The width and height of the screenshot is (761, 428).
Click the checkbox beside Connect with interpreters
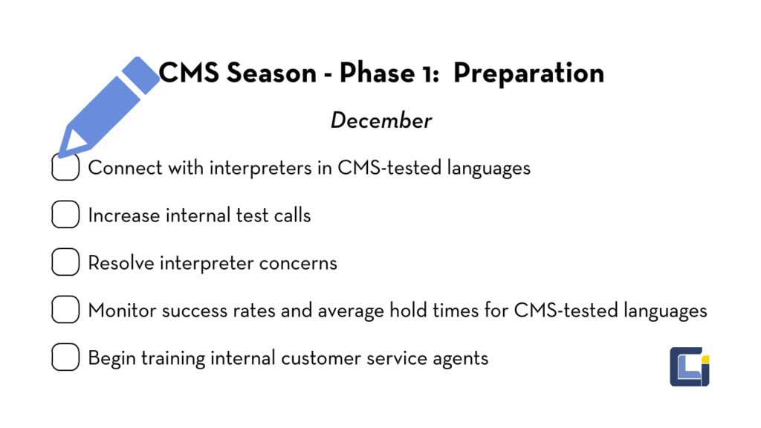click(65, 168)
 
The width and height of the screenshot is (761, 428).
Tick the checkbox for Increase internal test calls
click(65, 215)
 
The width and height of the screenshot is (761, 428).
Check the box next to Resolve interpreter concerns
click(65, 263)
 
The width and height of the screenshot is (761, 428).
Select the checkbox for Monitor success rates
click(65, 310)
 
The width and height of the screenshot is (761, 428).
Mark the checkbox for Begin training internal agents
click(65, 357)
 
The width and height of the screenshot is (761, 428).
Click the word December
click(380, 120)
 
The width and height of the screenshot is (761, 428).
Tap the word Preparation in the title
click(528, 73)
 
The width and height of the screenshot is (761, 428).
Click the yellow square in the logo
click(705, 360)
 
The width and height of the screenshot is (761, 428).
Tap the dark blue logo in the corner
click(688, 366)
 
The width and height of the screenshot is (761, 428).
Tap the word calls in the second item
click(291, 215)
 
